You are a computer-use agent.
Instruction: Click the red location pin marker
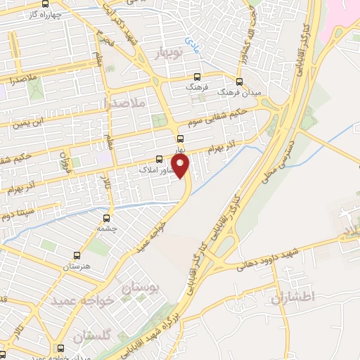[x=182, y=167]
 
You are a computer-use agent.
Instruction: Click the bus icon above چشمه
[x=107, y=218]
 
